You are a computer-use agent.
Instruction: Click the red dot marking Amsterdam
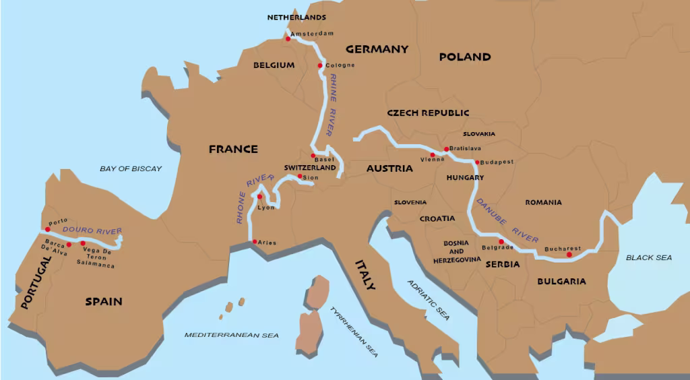point(288,38)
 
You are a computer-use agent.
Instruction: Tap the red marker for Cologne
point(320,65)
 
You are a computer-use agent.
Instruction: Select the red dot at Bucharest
point(569,255)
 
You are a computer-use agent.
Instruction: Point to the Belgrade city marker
point(501,241)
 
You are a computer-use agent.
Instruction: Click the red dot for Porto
point(48,229)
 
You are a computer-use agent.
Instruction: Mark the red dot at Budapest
point(477,162)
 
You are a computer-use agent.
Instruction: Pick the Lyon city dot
point(259,197)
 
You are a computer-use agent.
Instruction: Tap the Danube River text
point(507,220)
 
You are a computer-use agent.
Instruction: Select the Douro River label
point(92,231)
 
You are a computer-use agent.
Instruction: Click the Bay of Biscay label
point(131,168)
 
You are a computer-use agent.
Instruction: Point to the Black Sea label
point(649,257)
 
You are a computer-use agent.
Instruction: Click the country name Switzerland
point(310,167)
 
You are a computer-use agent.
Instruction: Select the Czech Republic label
point(428,113)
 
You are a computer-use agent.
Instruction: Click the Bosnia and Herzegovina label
point(461,251)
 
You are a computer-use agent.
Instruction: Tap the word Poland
point(465,57)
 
